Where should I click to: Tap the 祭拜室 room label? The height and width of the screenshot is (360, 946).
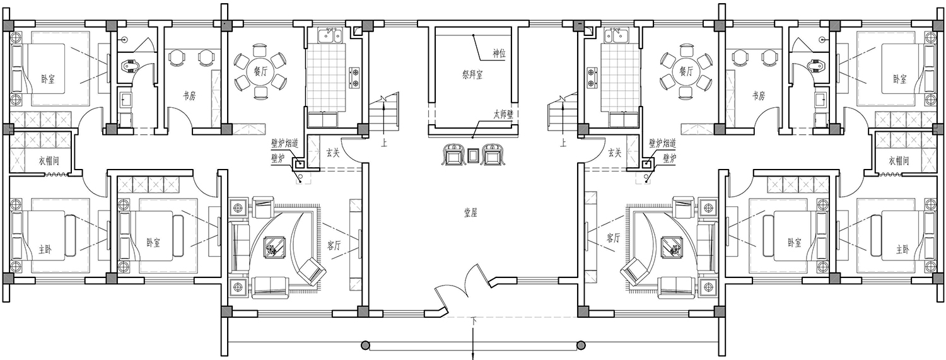[x=472, y=74]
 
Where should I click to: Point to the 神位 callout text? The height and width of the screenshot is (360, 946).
[x=499, y=54]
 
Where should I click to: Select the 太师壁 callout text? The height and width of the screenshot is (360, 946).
[x=503, y=114]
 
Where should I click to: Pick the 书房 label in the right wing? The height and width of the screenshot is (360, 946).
[x=759, y=96]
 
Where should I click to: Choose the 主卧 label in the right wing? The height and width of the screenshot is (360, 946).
[x=901, y=250]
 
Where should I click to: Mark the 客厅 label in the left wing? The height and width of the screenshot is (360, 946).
[x=334, y=245]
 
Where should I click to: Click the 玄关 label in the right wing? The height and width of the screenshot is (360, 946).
[x=614, y=153]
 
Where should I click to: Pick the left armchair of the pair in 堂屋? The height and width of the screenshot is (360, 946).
[x=452, y=155]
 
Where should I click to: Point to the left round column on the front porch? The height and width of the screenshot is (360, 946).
[x=365, y=345]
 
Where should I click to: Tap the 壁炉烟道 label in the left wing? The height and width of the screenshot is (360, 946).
[x=284, y=144]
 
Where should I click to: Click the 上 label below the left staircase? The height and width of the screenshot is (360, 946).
[x=384, y=143]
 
